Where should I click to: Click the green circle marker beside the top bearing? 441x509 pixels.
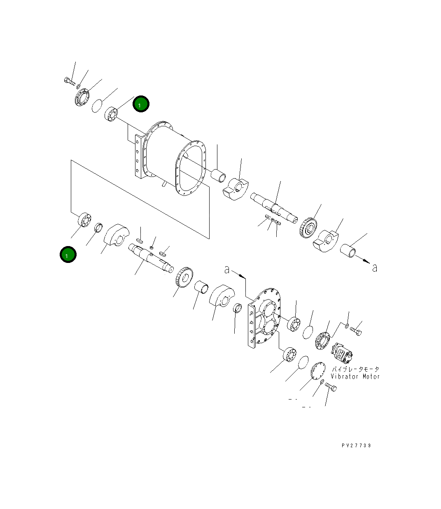141,105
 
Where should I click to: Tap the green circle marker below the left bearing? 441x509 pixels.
68,255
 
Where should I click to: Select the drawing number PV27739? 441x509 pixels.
356,446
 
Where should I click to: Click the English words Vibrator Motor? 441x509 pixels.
355,377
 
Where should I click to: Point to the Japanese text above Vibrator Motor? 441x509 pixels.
355,369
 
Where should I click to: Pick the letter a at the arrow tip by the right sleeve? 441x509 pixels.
374,267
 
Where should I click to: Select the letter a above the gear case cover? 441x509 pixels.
227,270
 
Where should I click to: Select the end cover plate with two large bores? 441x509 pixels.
264,317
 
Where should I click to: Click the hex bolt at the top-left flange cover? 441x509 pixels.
70,81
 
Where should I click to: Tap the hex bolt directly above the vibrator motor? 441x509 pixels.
356,330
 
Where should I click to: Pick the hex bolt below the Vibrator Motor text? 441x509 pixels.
331,387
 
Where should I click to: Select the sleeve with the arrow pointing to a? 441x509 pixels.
348,250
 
